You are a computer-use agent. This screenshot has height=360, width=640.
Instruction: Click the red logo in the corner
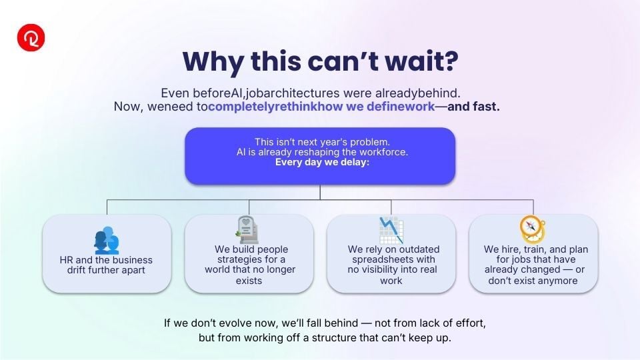tap(31, 37)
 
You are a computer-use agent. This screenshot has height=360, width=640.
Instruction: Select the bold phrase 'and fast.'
tap(473, 107)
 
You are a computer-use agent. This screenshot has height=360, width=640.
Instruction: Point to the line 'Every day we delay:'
tap(322, 162)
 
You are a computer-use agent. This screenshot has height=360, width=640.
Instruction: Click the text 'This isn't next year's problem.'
tap(322, 142)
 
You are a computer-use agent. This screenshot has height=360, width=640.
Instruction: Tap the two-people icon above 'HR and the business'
tap(107, 241)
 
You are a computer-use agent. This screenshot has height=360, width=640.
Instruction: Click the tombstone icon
tap(247, 230)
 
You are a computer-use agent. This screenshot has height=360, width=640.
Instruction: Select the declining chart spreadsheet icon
tap(391, 230)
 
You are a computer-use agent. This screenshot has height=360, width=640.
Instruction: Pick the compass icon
tap(532, 229)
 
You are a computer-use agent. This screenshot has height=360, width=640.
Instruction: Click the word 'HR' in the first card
tap(66, 260)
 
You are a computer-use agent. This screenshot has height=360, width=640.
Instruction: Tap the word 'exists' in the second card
tap(249, 281)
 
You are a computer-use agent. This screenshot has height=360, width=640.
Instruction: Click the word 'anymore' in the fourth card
tap(558, 281)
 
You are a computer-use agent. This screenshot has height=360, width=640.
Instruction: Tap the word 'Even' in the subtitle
tap(175, 93)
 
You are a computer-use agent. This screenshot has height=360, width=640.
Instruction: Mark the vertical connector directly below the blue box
tap(320, 192)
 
